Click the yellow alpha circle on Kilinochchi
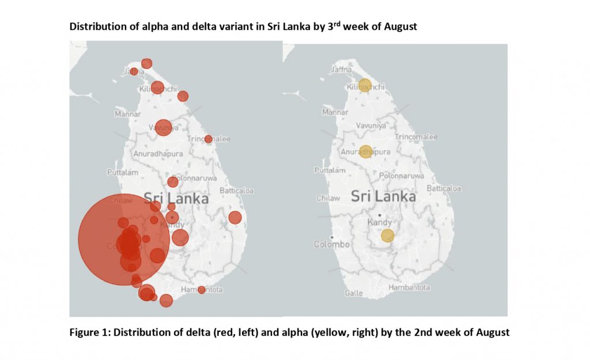(364, 85)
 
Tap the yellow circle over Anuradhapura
(366, 151)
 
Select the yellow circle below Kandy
(387, 236)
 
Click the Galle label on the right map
(353, 293)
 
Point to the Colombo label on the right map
(331, 244)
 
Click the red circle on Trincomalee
(208, 139)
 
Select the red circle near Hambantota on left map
(201, 290)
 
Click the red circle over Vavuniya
(163, 127)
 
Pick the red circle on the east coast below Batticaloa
(235, 217)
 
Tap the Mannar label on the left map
(128, 114)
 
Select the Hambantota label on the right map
(409, 287)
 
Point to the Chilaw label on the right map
(328, 198)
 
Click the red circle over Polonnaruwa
(173, 182)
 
